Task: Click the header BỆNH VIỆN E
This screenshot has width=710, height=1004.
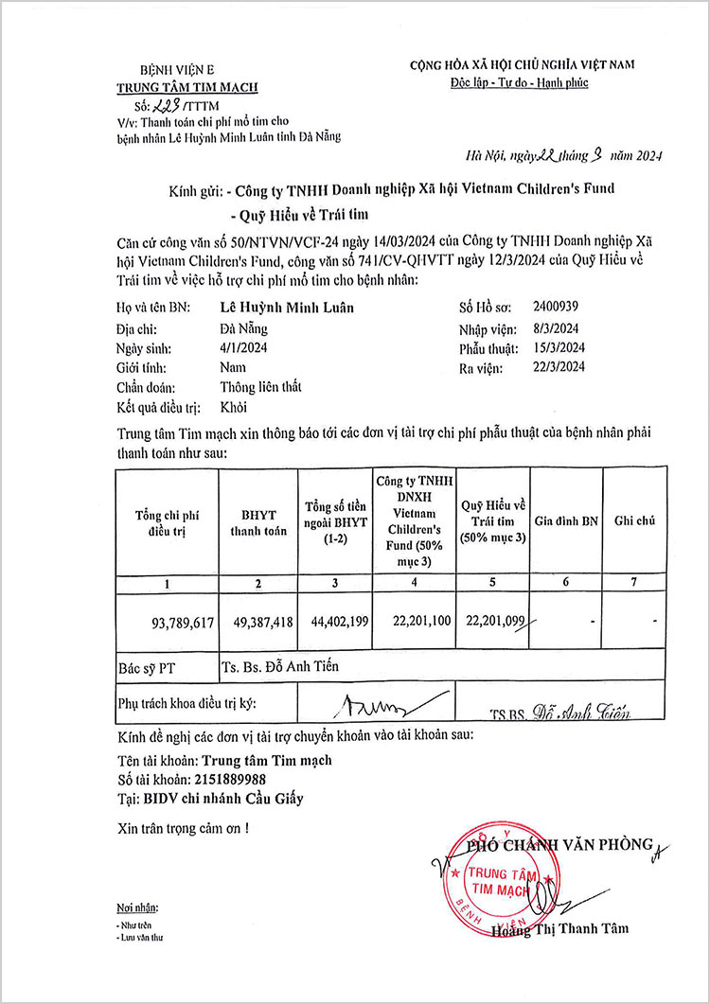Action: [178, 70]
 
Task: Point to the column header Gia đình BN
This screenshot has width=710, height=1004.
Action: [566, 521]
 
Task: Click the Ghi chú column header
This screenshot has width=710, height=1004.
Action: [635, 521]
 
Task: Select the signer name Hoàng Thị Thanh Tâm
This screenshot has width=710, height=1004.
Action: [560, 928]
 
